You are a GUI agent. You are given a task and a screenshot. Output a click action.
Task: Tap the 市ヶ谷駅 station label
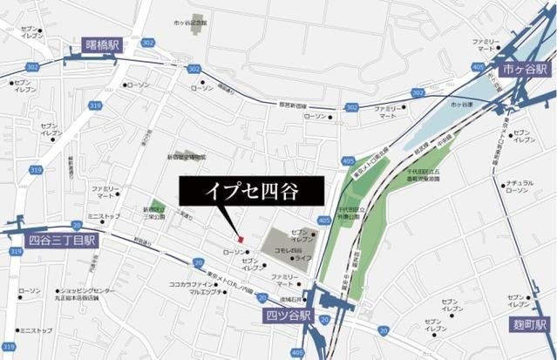tap(520, 67)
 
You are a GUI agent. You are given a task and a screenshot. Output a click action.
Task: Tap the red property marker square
tap(239, 233)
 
